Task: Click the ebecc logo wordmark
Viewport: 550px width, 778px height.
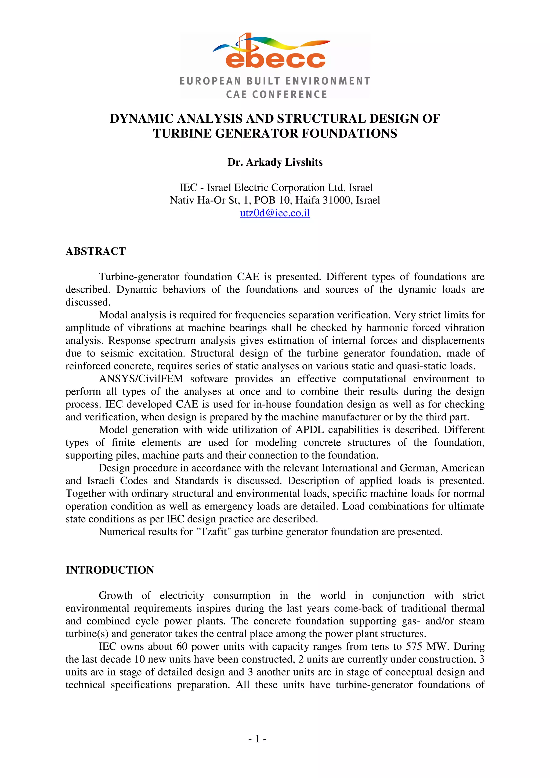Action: click(275, 59)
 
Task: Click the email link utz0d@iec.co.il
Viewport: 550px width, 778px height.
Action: click(275, 213)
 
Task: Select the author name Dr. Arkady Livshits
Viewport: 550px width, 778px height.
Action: click(275, 162)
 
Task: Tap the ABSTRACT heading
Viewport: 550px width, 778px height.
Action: click(96, 251)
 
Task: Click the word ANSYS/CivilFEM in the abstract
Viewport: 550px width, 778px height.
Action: click(141, 379)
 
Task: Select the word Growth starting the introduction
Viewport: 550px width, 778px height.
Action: click(115, 595)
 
